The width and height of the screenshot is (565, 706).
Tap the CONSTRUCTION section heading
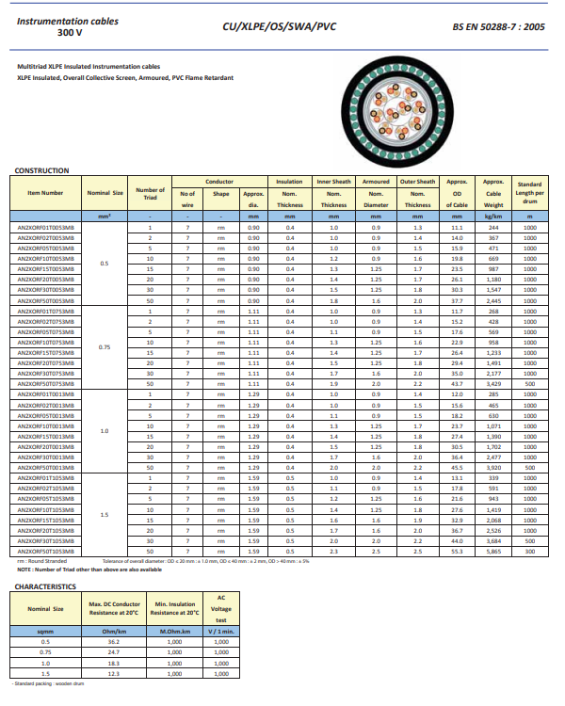[x=42, y=170]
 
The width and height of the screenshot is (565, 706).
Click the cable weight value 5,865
[x=493, y=552]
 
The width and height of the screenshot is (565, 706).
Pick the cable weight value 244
[x=493, y=228]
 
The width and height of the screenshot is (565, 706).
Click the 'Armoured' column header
[x=376, y=183]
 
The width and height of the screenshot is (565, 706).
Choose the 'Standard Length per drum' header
[x=529, y=193]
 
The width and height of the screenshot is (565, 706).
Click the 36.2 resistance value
[x=114, y=641]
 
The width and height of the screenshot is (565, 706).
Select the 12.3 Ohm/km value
[x=114, y=673]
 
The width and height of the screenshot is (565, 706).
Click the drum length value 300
[x=529, y=552]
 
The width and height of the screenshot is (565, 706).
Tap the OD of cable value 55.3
[x=457, y=552]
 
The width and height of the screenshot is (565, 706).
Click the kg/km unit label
[x=493, y=217]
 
